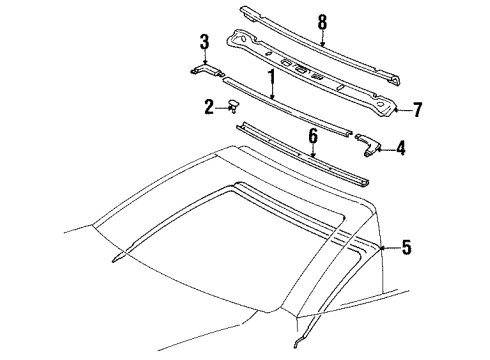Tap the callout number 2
[210, 105]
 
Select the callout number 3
[204, 41]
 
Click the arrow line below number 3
[204, 56]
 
